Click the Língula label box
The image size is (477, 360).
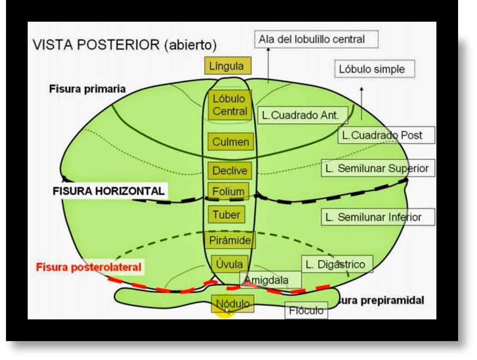pyautogui.click(x=227, y=66)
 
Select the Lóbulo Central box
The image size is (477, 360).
pyautogui.click(x=230, y=105)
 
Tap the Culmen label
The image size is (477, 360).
pyautogui.click(x=230, y=142)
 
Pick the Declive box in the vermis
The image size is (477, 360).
pyautogui.click(x=230, y=171)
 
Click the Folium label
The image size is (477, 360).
pyautogui.click(x=228, y=191)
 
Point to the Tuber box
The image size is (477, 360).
pyautogui.click(x=226, y=215)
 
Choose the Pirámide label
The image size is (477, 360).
pyautogui.click(x=230, y=240)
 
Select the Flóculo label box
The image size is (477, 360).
pyautogui.click(x=306, y=311)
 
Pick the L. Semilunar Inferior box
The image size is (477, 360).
pyautogui.click(x=378, y=216)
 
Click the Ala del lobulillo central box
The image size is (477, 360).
pyautogui.click(x=316, y=39)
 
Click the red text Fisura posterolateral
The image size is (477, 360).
pyautogui.click(x=88, y=267)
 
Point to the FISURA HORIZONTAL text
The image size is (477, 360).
pyautogui.click(x=108, y=191)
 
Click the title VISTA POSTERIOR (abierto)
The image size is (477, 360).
pyautogui.click(x=124, y=46)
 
